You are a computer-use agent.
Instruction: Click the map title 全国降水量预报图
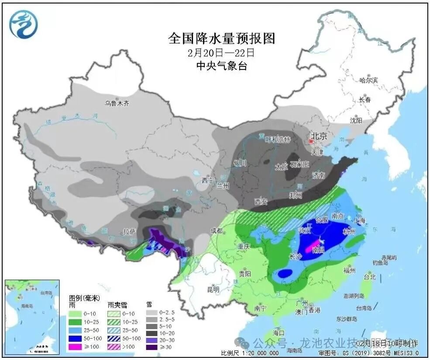pos(222,38)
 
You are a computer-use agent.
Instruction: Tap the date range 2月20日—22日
pos(222,53)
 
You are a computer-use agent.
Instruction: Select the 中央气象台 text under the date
pos(222,66)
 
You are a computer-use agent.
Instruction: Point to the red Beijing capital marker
pos(311,142)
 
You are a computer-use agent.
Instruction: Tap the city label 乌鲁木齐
pos(117,103)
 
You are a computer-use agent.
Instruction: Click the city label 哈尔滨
pos(368,80)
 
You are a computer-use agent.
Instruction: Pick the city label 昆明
pos(213,289)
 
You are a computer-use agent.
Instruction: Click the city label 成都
pos(216,231)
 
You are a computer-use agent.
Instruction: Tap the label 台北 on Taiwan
pos(369,277)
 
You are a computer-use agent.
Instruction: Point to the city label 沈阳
pos(356,120)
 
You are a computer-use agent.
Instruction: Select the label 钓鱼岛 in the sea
pos(381,263)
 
